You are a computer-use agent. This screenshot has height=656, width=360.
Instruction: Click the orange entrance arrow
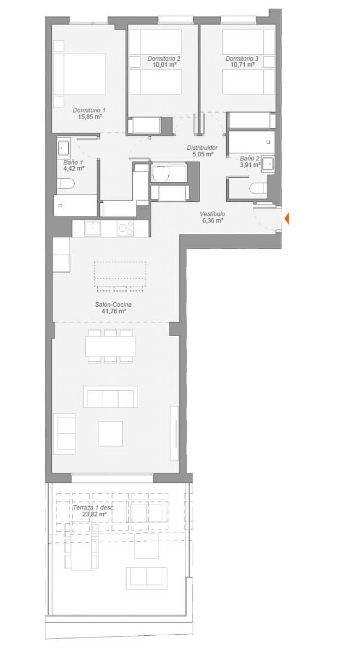[x=287, y=219]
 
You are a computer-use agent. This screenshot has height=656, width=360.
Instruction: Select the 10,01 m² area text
[x=164, y=65]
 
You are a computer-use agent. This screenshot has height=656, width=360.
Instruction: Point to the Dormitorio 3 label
[x=242, y=58]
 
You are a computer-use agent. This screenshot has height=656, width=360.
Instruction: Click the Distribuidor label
[x=203, y=148]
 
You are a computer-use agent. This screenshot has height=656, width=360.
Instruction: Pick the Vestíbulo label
[x=212, y=214]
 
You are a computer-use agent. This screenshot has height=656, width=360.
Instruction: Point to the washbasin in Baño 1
[x=63, y=147]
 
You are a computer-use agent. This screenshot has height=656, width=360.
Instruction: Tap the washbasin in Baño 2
[x=267, y=163]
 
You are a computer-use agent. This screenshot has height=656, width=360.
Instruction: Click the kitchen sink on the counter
[x=93, y=227]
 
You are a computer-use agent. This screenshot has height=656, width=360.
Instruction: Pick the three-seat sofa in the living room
[x=110, y=396]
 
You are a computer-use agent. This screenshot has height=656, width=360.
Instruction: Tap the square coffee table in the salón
[x=110, y=433]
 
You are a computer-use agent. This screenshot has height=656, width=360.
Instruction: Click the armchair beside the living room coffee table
[x=64, y=432]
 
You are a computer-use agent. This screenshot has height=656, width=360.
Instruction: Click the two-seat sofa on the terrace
[x=146, y=577]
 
